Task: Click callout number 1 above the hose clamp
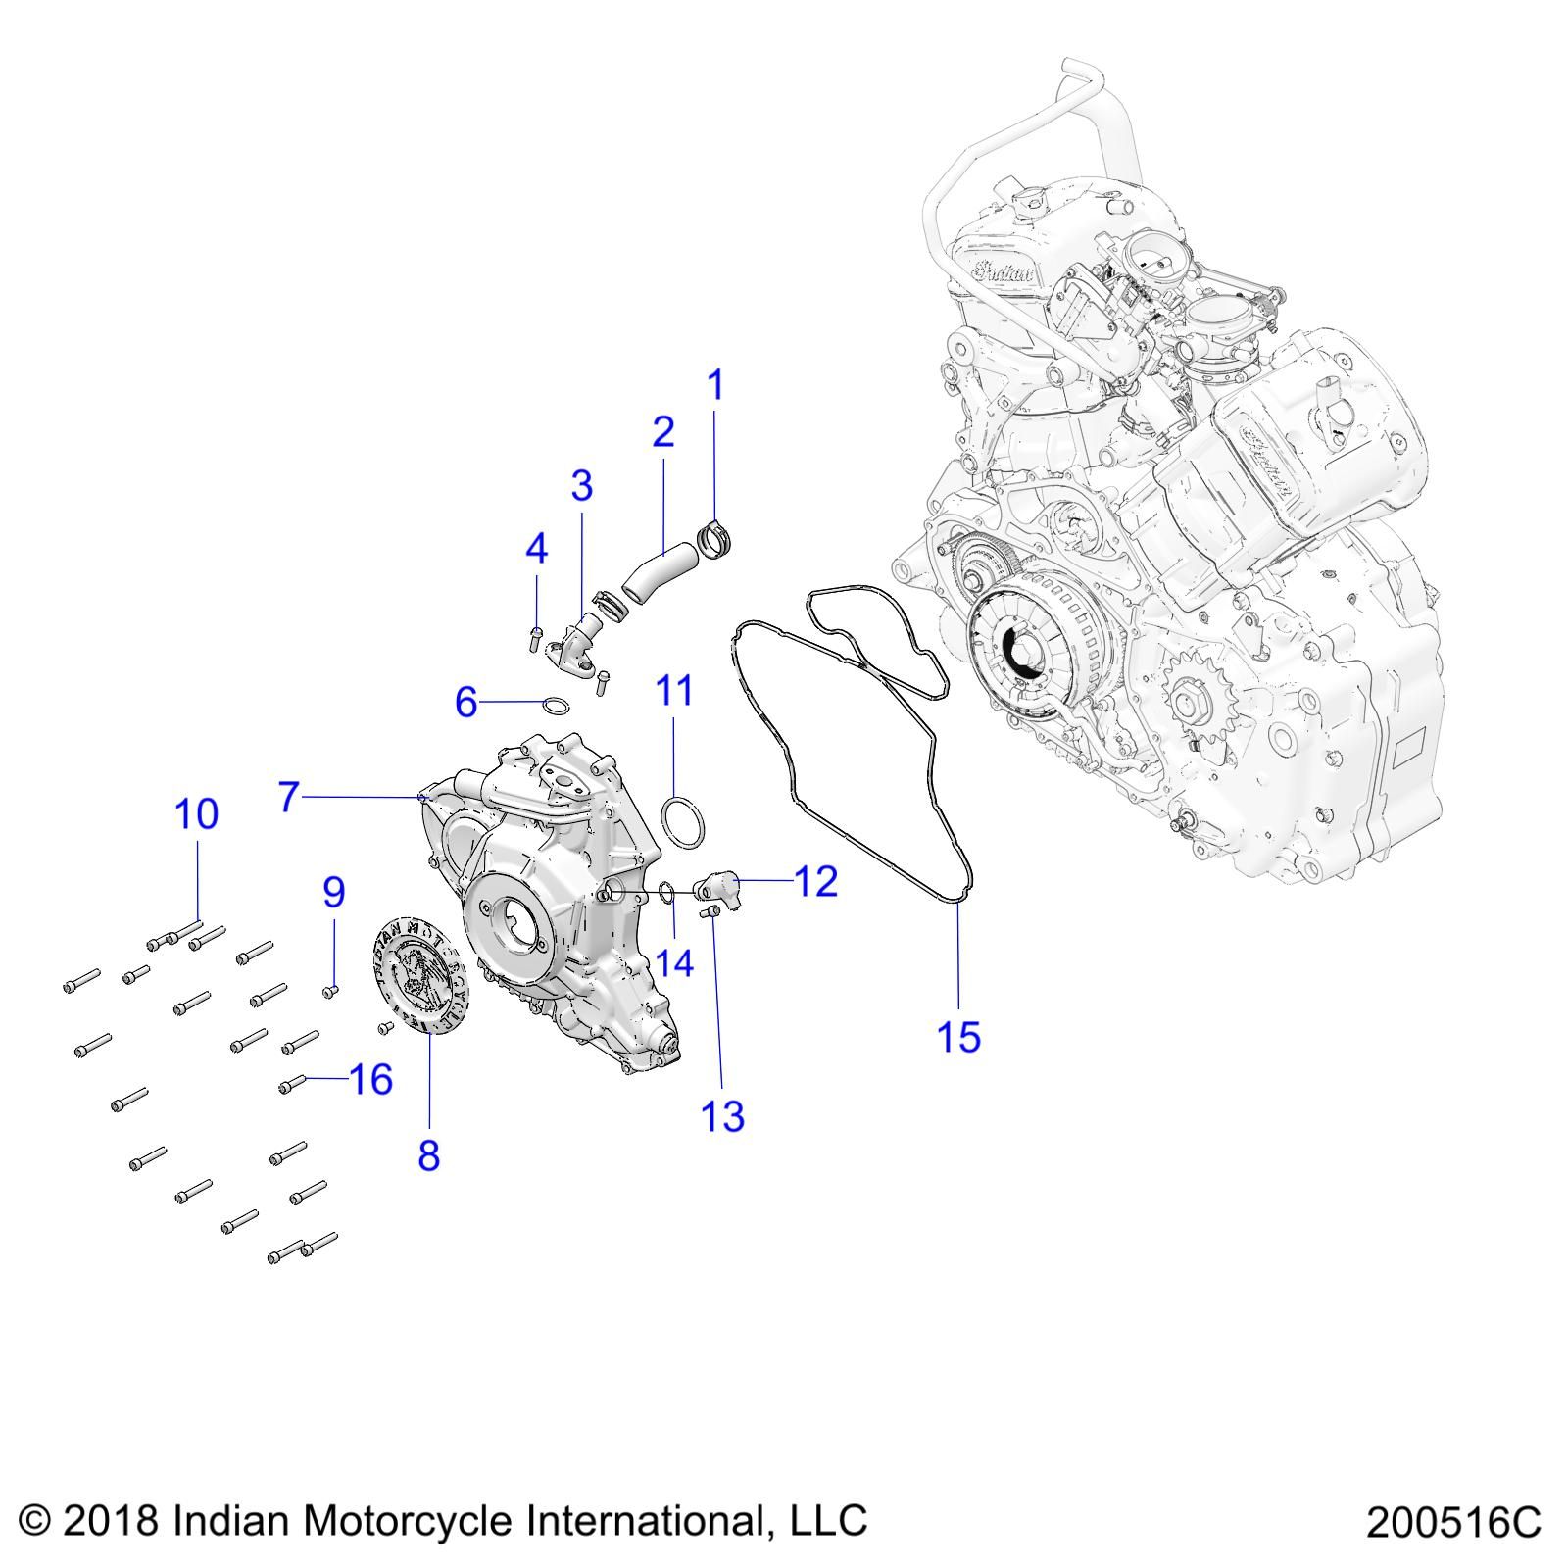click(x=715, y=385)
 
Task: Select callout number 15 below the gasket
click(x=958, y=1036)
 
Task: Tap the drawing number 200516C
click(x=1453, y=1522)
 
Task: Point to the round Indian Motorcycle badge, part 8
click(x=420, y=974)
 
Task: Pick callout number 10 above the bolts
click(x=197, y=813)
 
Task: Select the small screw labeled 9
click(x=330, y=993)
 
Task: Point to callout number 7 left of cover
click(x=287, y=797)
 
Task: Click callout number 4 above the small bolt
click(x=536, y=549)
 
